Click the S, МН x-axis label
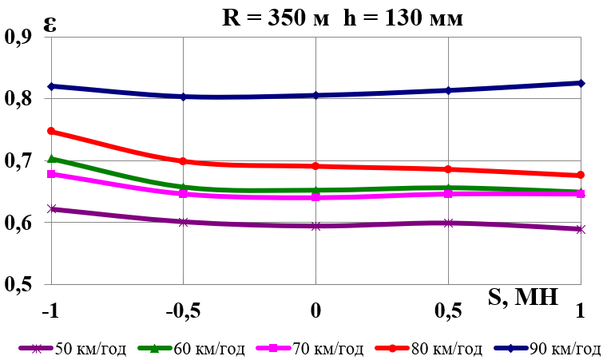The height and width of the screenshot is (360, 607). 522,299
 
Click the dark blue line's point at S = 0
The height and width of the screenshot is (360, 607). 316,95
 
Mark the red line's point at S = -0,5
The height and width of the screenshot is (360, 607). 183,161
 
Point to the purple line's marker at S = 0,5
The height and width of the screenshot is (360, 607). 449,223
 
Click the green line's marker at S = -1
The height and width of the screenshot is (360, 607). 51,159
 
